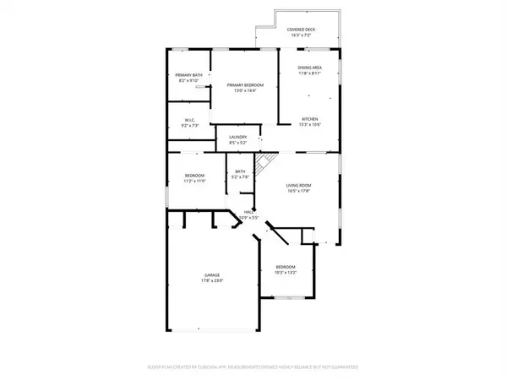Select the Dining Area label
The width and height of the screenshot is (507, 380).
pos(309,67)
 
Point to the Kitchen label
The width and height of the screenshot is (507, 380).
pos(309,119)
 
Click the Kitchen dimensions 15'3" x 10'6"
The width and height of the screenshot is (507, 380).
pos(309,125)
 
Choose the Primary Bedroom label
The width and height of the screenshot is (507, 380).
pos(244,84)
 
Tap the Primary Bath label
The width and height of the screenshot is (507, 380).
pos(189,76)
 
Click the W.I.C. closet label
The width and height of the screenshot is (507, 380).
pos(190,120)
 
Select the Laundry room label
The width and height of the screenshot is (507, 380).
pos(237,138)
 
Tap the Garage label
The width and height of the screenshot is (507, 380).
pos(212,275)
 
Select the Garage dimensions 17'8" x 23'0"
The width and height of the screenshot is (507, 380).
pos(212,281)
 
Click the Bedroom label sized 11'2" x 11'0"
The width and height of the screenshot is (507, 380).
pos(195,176)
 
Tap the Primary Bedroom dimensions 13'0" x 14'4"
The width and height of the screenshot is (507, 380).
pos(244,90)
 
